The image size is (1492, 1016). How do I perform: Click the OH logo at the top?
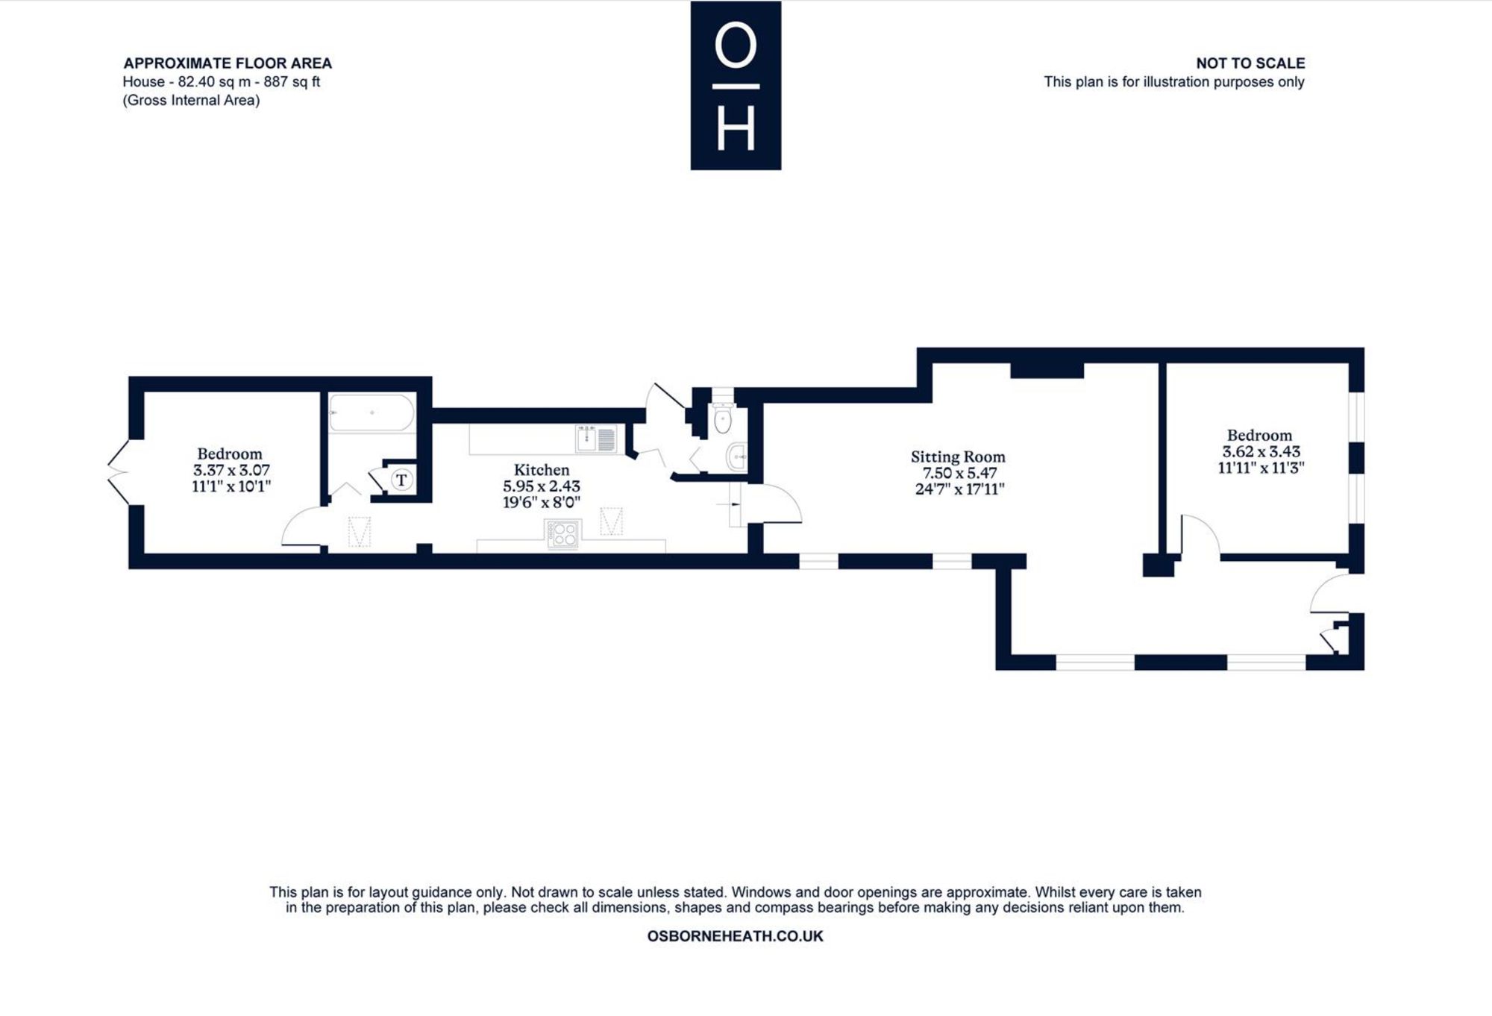pyautogui.click(x=736, y=85)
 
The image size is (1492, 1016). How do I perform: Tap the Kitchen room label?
pyautogui.click(x=542, y=470)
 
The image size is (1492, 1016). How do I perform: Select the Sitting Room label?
pyautogui.click(x=958, y=457)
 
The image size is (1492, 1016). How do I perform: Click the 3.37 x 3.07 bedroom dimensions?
pyautogui.click(x=231, y=470)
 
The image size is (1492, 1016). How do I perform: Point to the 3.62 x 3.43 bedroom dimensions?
pyautogui.click(x=1261, y=451)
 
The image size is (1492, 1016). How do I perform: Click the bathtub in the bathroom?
pyautogui.click(x=372, y=413)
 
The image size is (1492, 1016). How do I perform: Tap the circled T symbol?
pyautogui.click(x=401, y=479)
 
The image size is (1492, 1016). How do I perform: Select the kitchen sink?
pyautogui.click(x=596, y=438)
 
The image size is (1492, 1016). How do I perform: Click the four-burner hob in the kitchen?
pyautogui.click(x=563, y=534)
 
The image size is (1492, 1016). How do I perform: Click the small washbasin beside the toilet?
pyautogui.click(x=737, y=457)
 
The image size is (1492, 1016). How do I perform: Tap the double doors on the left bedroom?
pyautogui.click(x=118, y=472)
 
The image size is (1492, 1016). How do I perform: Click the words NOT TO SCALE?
pyautogui.click(x=1250, y=63)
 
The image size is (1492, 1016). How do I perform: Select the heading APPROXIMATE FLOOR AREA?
pyautogui.click(x=228, y=63)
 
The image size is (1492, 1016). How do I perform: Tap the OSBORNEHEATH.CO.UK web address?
pyautogui.click(x=735, y=936)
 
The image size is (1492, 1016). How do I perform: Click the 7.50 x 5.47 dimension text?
pyautogui.click(x=959, y=473)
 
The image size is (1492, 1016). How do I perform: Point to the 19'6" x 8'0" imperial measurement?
pyautogui.click(x=542, y=502)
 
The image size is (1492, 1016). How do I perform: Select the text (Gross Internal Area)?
pyautogui.click(x=191, y=101)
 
